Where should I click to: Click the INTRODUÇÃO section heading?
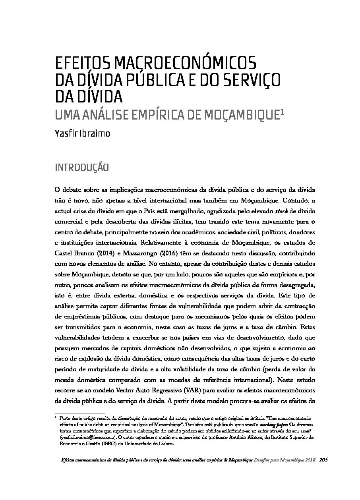point(81,167)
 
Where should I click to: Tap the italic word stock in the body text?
point(288,210)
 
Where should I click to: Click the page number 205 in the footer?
point(323,460)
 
